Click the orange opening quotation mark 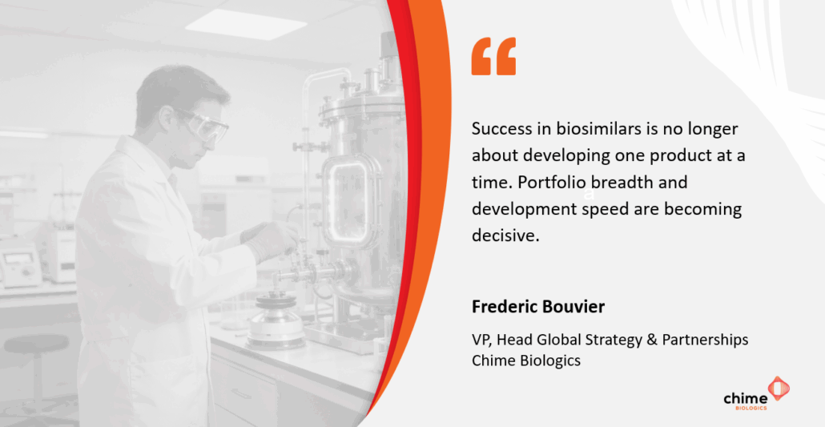coord(493,56)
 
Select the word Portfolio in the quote coord(552,182)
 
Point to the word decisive coord(505,236)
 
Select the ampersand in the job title coord(652,340)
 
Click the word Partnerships coord(705,340)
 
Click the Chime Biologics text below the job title coord(526,361)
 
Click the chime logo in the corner coord(757,394)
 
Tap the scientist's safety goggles coord(205,126)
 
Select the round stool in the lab coord(36,363)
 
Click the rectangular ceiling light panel coord(246,24)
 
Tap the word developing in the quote coord(567,156)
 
